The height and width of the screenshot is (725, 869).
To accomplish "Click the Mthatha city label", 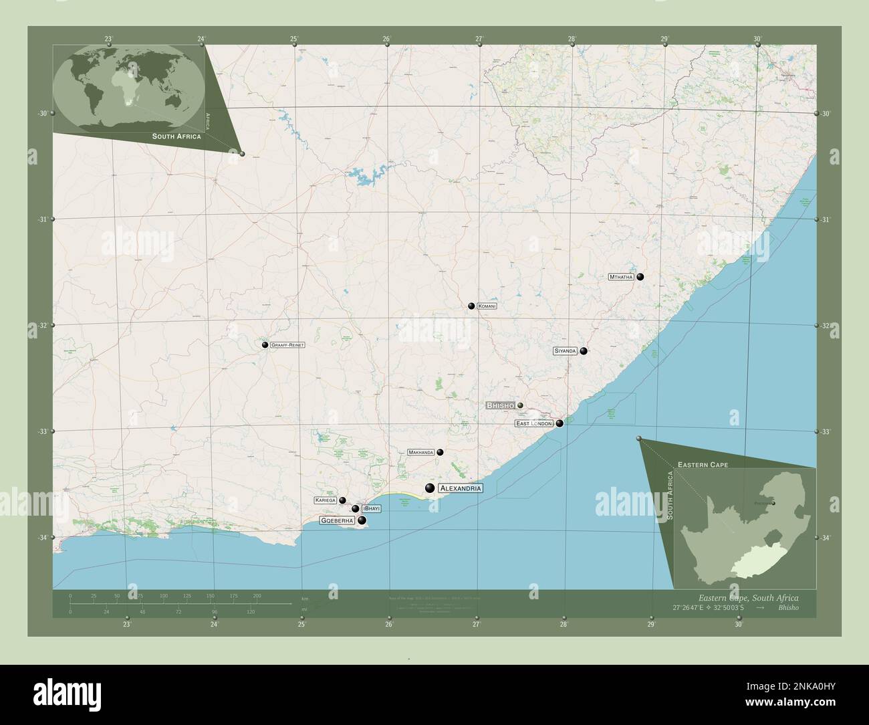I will click(621, 277).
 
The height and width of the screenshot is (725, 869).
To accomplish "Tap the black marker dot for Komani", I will click(471, 306).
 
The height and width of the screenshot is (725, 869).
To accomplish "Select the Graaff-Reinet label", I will click(288, 345).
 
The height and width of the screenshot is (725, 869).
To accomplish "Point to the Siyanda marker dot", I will click(584, 351).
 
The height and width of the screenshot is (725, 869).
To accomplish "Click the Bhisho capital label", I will click(500, 406).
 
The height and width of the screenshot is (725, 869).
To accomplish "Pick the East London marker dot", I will click(560, 423).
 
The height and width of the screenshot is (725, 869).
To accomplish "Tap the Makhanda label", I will click(421, 453).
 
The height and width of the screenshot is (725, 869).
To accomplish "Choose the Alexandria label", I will click(460, 489).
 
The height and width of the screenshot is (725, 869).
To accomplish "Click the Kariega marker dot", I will click(342, 500).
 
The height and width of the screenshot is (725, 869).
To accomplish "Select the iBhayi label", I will click(371, 509).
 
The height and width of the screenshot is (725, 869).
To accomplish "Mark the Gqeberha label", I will click(337, 520).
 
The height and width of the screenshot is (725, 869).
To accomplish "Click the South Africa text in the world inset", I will click(176, 136).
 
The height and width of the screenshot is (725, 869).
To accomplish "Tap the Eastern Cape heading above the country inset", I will click(703, 464).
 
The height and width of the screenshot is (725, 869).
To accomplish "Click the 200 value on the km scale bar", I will click(257, 595).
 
